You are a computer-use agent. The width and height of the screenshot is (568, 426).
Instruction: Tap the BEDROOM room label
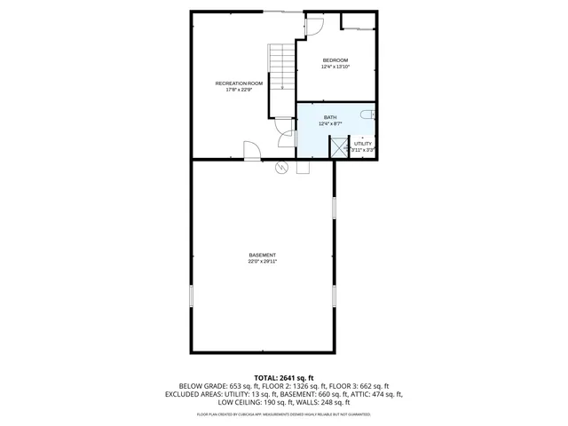[x=335, y=60]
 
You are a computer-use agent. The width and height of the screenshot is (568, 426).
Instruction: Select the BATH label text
[x=330, y=117]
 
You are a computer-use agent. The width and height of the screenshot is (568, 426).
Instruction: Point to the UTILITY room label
[x=363, y=144]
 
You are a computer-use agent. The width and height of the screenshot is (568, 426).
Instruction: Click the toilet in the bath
[x=371, y=115]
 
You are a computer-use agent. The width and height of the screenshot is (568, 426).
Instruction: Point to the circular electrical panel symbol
[x=282, y=167]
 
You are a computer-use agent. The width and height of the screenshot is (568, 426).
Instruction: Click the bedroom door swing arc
[x=312, y=27]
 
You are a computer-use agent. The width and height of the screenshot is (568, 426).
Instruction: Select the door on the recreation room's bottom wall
[x=251, y=151]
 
